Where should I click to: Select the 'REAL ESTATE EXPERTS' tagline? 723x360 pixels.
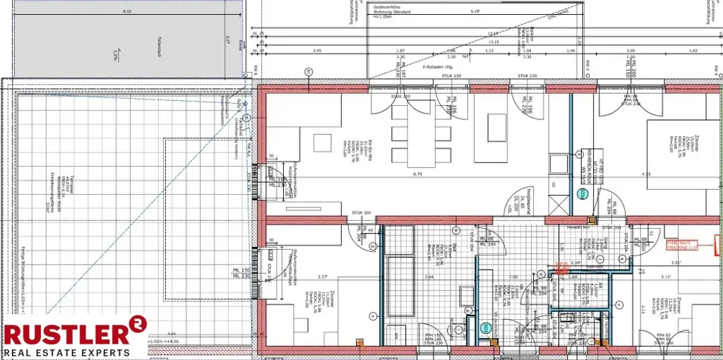[67, 352]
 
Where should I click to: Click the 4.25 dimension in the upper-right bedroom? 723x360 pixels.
[646, 174]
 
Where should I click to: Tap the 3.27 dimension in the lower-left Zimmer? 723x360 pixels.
[323, 277]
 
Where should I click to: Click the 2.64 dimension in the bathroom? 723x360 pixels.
[429, 277]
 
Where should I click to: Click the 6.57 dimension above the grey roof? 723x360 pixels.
[127, 12]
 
